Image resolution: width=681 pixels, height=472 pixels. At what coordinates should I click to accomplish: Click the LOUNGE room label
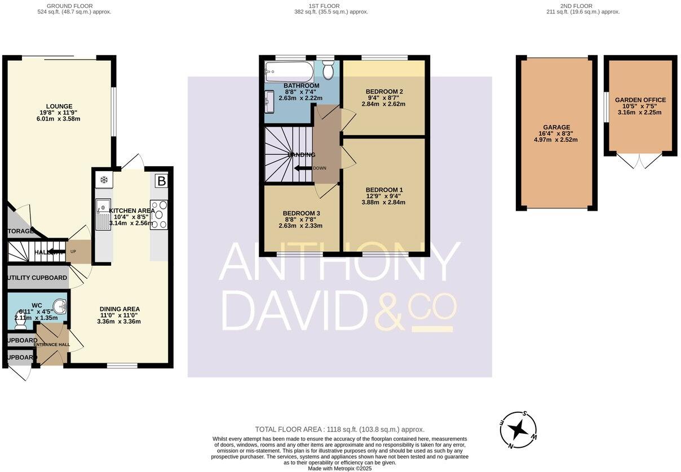click(59, 106)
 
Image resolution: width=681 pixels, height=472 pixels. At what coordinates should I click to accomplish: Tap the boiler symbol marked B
click(161, 181)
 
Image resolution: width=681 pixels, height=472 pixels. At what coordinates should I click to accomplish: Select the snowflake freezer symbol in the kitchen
click(104, 180)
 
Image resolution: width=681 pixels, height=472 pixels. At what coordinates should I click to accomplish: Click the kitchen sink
click(103, 215)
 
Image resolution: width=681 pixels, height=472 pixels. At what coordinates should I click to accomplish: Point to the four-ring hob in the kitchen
click(158, 215)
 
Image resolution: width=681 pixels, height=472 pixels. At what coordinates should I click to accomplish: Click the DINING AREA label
click(120, 309)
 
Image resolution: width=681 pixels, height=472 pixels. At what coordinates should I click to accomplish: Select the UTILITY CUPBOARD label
click(37, 278)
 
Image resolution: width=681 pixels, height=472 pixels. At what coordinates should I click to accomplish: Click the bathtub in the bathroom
click(289, 72)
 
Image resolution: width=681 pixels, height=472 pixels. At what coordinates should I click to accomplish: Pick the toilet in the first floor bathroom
click(328, 70)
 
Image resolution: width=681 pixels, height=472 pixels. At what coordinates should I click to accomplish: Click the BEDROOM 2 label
click(384, 91)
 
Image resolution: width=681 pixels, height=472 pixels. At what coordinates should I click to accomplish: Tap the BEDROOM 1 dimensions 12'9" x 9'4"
click(384, 196)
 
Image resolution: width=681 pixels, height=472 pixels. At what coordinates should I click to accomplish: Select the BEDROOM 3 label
click(301, 213)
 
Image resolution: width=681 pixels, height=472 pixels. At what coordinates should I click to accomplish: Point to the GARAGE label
click(556, 127)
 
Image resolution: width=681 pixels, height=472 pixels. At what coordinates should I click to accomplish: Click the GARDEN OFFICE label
click(640, 100)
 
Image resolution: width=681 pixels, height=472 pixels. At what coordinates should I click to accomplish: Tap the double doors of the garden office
click(640, 161)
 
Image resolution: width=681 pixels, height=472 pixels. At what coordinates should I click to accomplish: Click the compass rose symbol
click(518, 430)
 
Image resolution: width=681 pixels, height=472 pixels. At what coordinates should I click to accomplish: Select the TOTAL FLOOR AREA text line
click(339, 429)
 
